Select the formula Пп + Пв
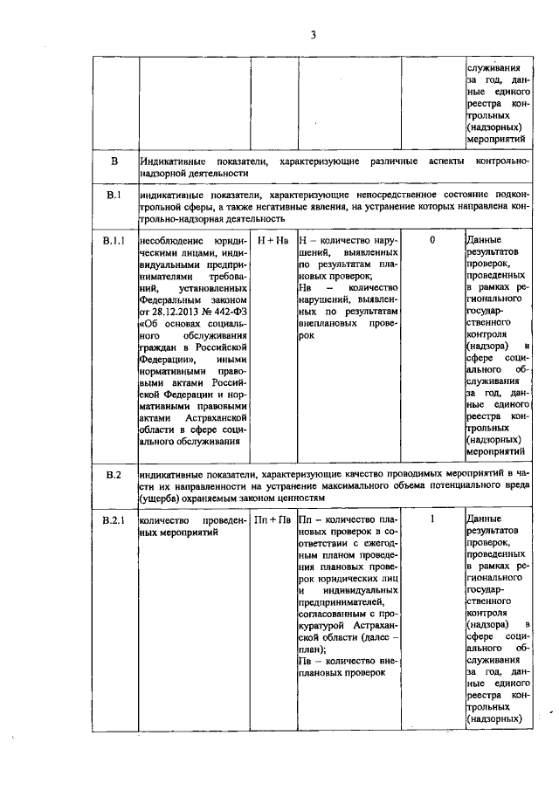pyautogui.click(x=273, y=521)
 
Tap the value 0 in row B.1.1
pyautogui.click(x=432, y=238)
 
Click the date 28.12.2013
pyautogui.click(x=169, y=311)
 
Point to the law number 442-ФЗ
pyautogui.click(x=229, y=311)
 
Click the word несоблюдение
pyautogui.click(x=169, y=239)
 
